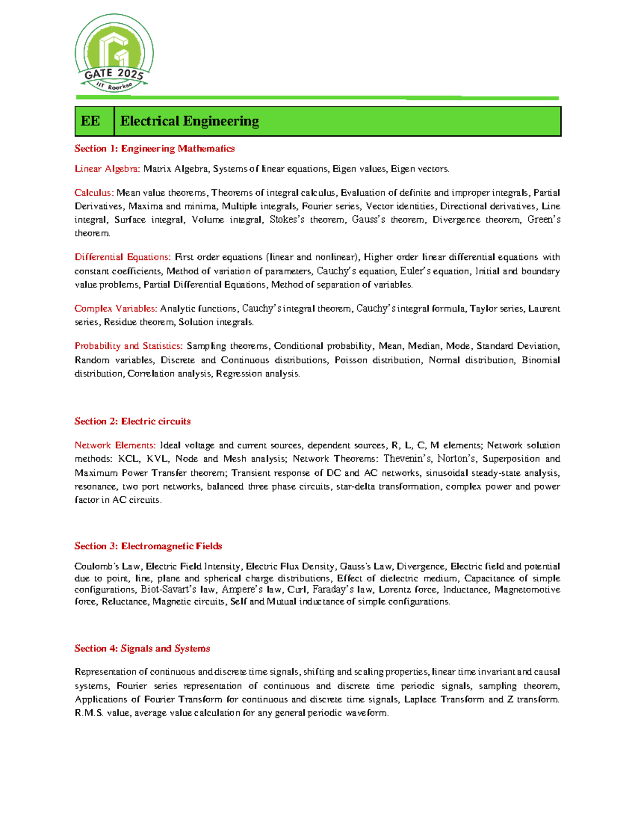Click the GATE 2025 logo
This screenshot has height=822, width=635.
[x=114, y=53]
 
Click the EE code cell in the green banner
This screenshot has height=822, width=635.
[x=90, y=121]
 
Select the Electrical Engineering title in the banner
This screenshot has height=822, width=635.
[x=189, y=121]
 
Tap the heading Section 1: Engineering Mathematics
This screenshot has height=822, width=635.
[x=155, y=149]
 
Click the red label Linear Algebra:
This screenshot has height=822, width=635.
[x=107, y=169]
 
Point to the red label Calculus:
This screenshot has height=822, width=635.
[x=94, y=193]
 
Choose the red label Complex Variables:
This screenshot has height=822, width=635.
[x=116, y=309]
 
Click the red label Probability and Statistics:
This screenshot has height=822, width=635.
[x=129, y=346]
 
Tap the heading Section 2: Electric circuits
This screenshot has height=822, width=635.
[x=132, y=421]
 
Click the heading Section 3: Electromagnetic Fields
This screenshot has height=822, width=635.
[x=148, y=546]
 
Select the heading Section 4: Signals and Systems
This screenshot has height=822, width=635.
[x=142, y=648]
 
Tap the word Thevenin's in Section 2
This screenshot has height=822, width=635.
[x=407, y=459]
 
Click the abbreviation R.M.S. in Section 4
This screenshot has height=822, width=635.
[x=89, y=713]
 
